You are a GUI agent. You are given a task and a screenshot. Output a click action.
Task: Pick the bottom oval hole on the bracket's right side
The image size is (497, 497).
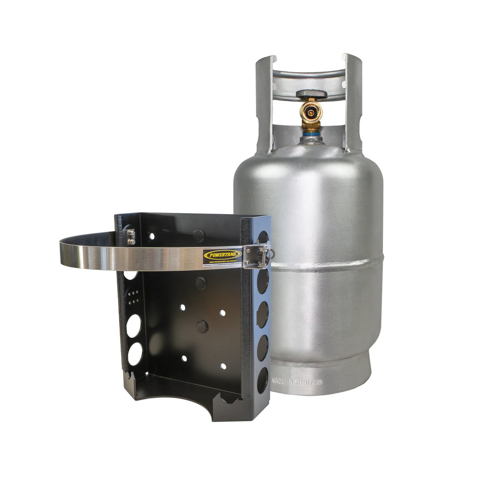262,381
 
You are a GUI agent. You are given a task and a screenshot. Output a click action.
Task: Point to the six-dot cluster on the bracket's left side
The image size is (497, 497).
134,297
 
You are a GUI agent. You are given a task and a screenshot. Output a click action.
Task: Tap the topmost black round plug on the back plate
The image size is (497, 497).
198,235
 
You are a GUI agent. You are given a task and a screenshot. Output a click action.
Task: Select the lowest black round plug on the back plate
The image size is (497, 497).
202,326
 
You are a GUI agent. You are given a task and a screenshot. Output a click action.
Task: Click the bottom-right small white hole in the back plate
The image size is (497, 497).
223,366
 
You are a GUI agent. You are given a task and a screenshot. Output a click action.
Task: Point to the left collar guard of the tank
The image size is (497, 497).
265,104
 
